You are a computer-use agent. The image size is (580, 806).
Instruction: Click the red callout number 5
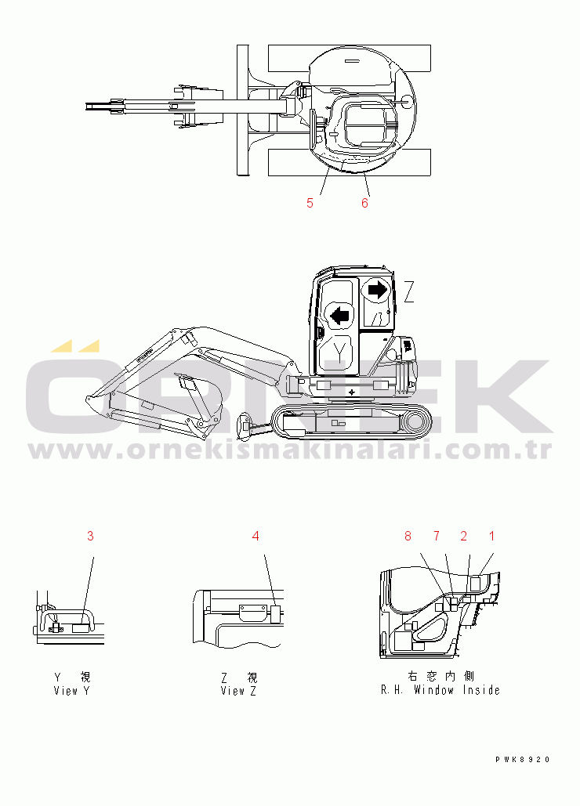pos(310,203)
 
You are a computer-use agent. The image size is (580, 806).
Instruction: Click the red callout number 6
pos(364,203)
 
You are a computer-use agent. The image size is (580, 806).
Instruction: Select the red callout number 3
pos(90,536)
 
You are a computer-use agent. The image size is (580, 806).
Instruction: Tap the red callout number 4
pos(256,536)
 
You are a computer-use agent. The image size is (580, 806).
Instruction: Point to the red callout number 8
pos(408,536)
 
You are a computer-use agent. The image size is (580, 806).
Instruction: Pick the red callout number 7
pos(437,536)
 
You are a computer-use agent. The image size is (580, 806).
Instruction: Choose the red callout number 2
pos(464,536)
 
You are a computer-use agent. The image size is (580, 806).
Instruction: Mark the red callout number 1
pos(491,536)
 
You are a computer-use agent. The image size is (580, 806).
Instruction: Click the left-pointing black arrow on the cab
pos(339,315)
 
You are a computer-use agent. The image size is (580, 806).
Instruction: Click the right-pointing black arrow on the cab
pos(378,290)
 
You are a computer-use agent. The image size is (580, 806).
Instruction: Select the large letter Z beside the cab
pos(409,292)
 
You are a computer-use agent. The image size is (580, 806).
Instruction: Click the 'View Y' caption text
pos(72,691)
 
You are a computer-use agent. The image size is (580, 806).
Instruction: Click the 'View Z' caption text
pos(238,691)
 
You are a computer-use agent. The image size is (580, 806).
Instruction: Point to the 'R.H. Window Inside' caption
pos(440,690)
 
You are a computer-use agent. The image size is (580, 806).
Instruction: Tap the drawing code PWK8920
pos(523,759)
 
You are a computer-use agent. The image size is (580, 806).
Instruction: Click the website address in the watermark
pos(291,451)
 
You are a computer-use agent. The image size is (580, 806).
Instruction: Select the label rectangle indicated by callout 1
pos(476,584)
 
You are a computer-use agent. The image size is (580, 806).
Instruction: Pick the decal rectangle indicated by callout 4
pos(276,615)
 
